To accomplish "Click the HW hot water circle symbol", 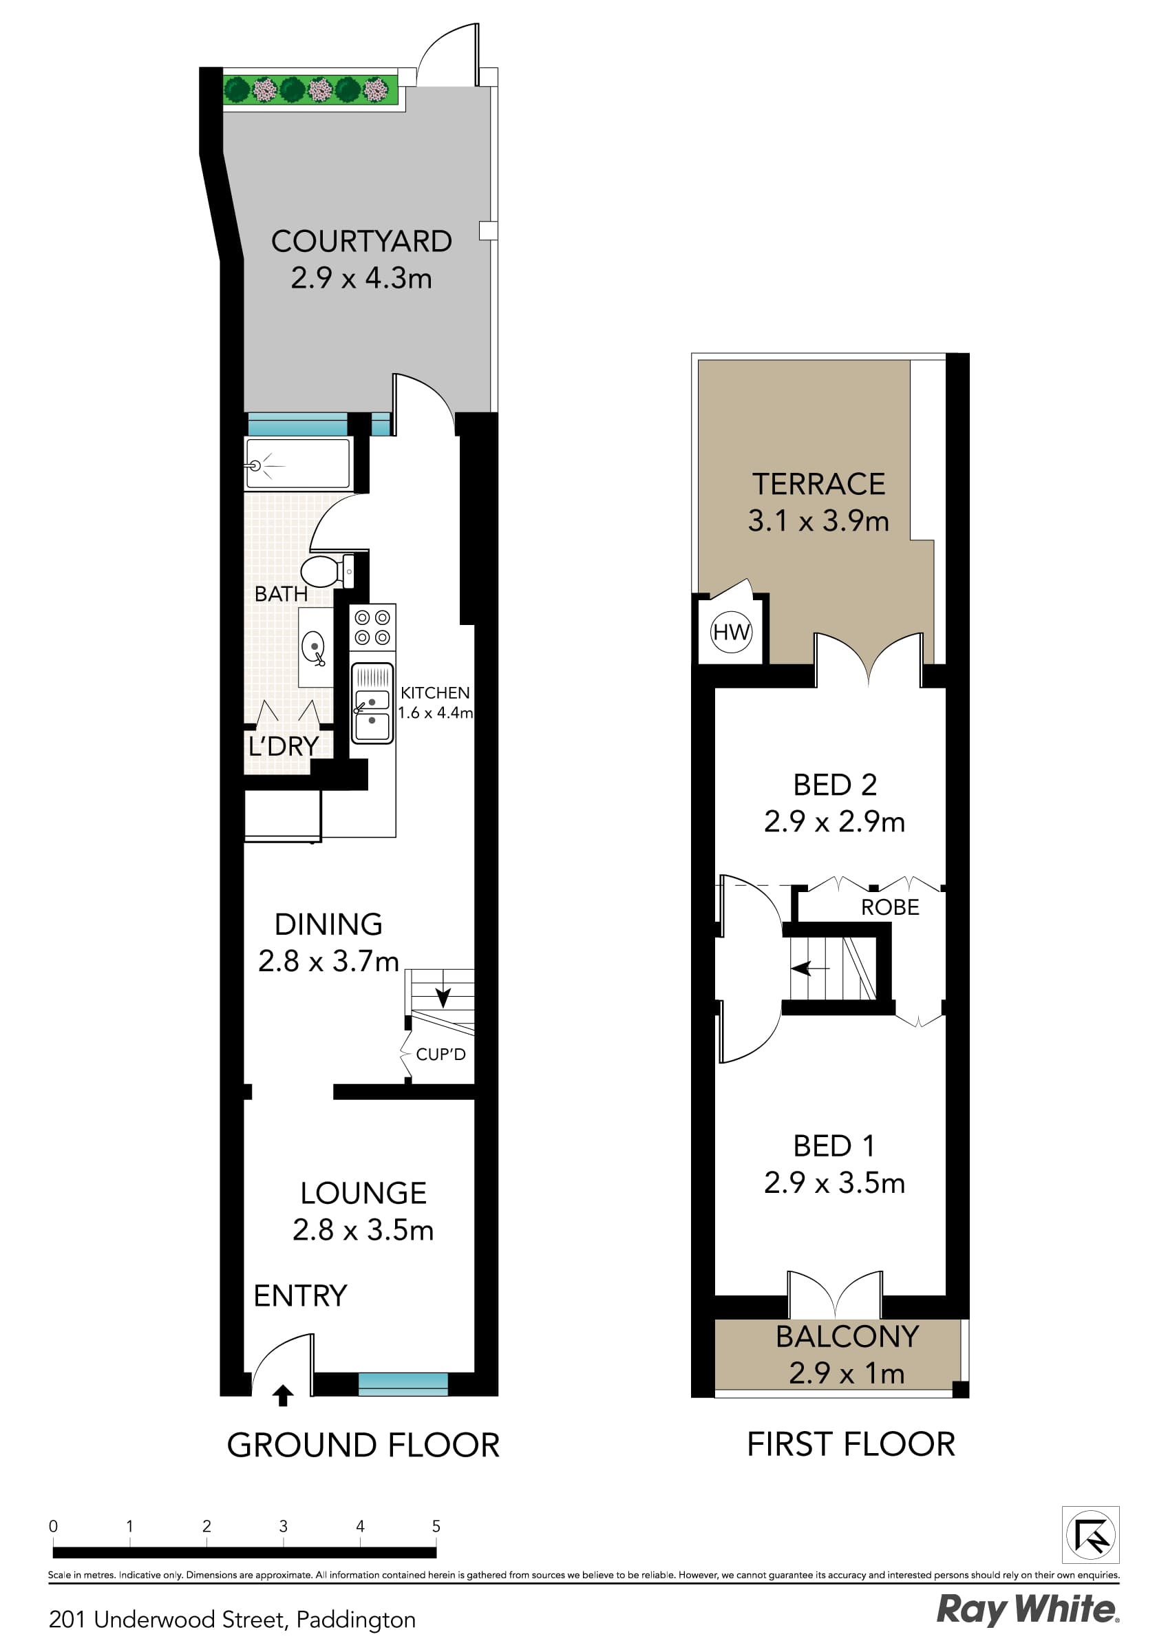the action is point(731,632).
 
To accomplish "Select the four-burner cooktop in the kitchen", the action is point(373,627).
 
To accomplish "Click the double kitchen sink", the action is point(373,703).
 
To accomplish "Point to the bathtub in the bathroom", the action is point(299,464).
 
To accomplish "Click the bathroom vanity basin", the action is point(315,647).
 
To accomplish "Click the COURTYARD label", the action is point(361,241).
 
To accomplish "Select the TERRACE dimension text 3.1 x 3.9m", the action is point(818,521).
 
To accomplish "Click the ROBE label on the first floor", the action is point(890,907).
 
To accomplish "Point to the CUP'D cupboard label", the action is point(441,1054).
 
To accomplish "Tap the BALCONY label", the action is point(847,1336).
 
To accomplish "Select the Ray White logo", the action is point(1028,1609).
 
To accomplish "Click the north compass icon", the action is point(1091,1535).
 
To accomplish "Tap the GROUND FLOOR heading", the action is point(363,1445).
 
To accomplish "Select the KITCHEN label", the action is point(435,693).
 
